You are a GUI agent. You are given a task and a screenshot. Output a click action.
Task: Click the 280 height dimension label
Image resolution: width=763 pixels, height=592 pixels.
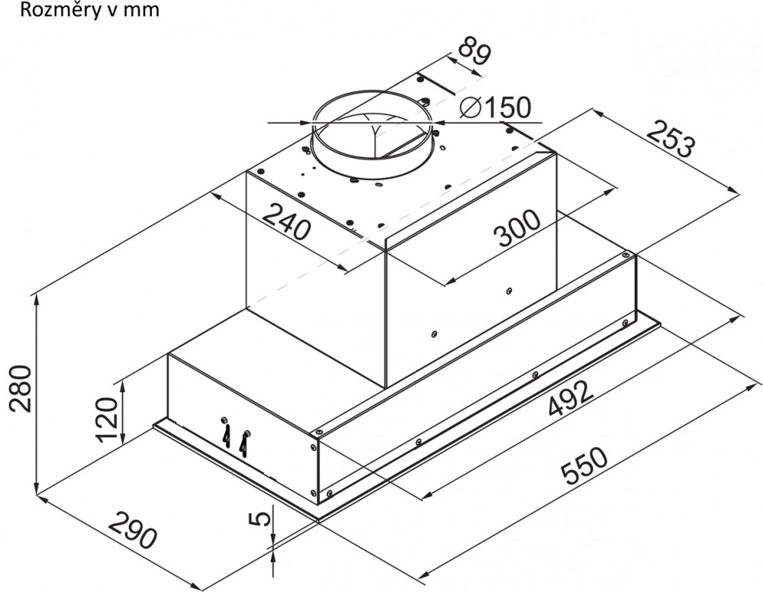coord(21,388)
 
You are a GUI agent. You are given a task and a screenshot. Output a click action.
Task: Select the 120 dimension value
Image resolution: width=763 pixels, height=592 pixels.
coord(107,420)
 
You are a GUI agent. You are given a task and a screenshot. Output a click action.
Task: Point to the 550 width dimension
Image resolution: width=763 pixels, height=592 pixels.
coord(584,466)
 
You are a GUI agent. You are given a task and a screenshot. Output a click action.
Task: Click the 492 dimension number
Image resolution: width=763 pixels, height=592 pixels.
coord(571,398)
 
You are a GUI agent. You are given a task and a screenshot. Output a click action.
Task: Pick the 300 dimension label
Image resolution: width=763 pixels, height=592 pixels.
coord(517,229)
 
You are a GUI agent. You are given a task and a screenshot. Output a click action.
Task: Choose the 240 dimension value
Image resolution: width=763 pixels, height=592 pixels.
coord(287,222)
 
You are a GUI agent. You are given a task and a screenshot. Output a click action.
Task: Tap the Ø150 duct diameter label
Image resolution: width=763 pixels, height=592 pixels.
coord(495,108)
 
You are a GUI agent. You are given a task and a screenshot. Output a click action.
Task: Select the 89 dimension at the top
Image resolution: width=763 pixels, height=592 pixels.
coord(473,50)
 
